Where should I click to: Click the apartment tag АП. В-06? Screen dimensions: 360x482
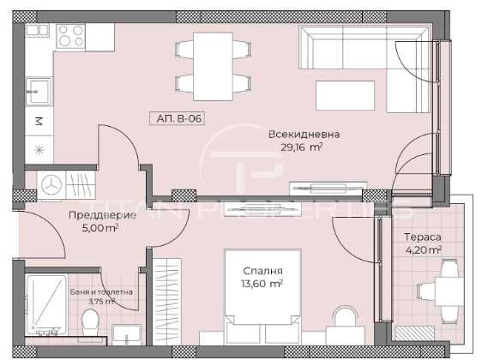[180, 119]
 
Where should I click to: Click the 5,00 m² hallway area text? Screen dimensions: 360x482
[99, 229]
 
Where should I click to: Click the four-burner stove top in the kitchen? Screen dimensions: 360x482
[70, 37]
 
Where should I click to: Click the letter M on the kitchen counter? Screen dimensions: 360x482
[38, 121]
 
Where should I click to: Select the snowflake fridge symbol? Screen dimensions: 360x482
[38, 149]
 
